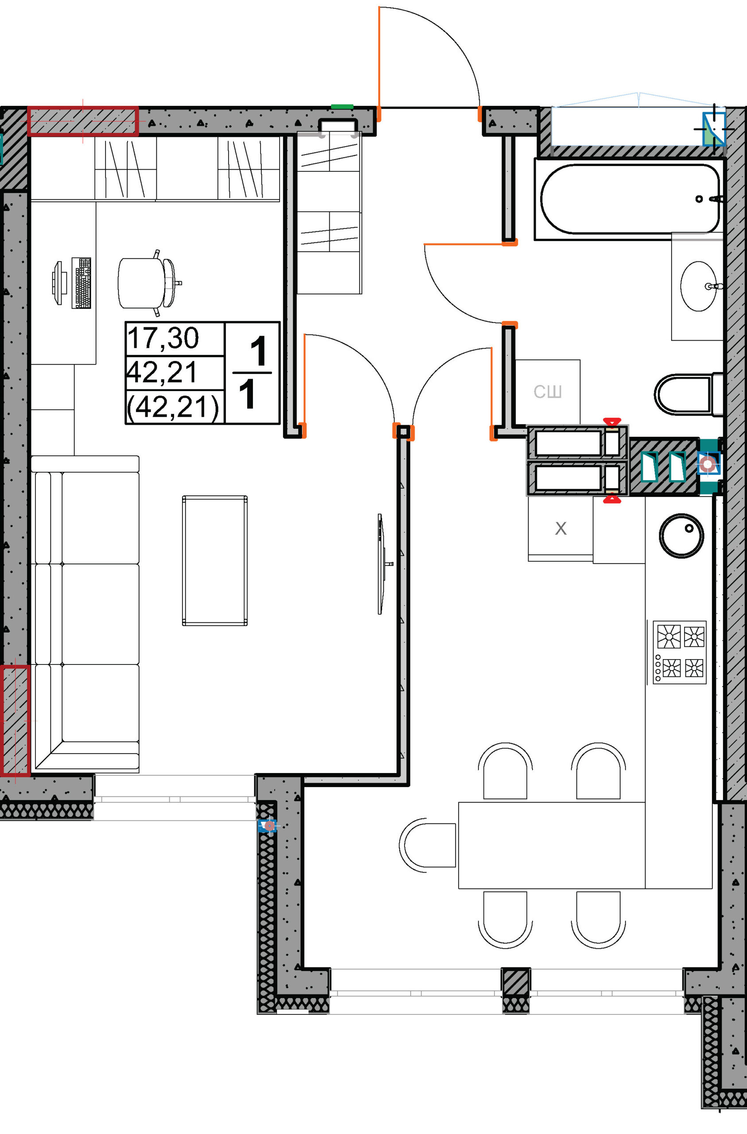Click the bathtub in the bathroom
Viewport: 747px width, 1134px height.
[629, 199]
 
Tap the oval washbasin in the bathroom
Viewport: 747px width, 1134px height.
[698, 286]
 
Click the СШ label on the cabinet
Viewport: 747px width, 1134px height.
[547, 392]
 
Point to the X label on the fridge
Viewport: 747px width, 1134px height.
[560, 528]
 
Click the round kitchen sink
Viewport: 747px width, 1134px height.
[681, 536]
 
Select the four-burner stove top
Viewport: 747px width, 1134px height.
[679, 652]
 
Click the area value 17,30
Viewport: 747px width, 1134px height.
[163, 338]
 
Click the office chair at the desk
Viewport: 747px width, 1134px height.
[149, 283]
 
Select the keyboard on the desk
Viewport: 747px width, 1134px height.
[81, 283]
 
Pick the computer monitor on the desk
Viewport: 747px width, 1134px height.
[57, 283]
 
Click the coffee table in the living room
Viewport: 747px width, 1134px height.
[214, 560]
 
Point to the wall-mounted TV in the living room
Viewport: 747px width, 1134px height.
[381, 563]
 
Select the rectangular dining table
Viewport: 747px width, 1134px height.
[552, 845]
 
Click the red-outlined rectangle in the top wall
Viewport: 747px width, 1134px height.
[83, 121]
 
